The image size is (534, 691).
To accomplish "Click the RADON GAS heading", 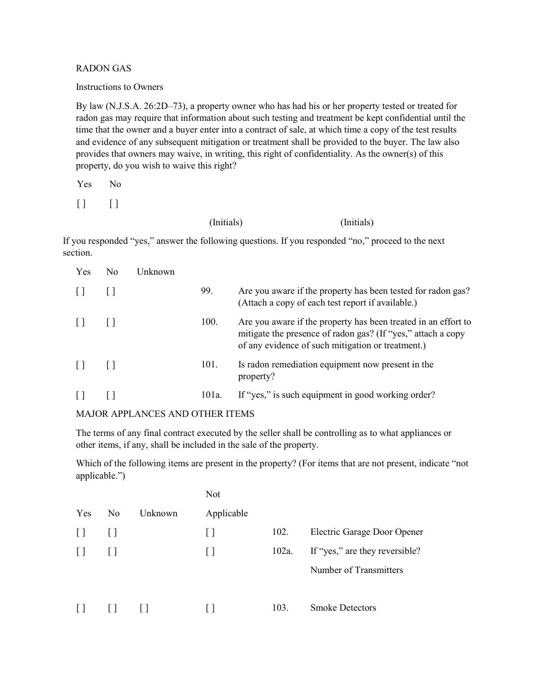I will pos(103,68).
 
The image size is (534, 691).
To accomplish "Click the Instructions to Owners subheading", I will pos(119,87).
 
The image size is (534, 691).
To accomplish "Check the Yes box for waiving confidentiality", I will pos(82,203).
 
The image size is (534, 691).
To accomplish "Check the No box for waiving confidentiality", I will pos(114,203).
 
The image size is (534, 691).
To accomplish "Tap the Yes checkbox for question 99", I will pos(80,291).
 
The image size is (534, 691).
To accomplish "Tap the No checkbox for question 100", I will pos(111,322).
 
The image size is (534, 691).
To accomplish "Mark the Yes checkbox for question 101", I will pos(80,365).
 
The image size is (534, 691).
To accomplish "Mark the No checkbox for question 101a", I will pos(111,395).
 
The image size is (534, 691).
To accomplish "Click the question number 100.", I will pos(209,322).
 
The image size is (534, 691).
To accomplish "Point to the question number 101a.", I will pos(211,395).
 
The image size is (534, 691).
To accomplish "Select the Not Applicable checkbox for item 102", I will pos(210,532).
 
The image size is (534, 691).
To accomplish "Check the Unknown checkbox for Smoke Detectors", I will pos(144,608).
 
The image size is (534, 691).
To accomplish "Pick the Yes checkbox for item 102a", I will pos(81,551).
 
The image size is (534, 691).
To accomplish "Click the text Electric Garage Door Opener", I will pos(366,532).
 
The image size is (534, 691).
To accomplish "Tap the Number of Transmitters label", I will pos(356,570).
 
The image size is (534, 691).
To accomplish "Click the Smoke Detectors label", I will pos(343,608).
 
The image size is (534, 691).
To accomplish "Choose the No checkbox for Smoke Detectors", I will pos(112,608).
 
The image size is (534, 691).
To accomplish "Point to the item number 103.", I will pos(280,608).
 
